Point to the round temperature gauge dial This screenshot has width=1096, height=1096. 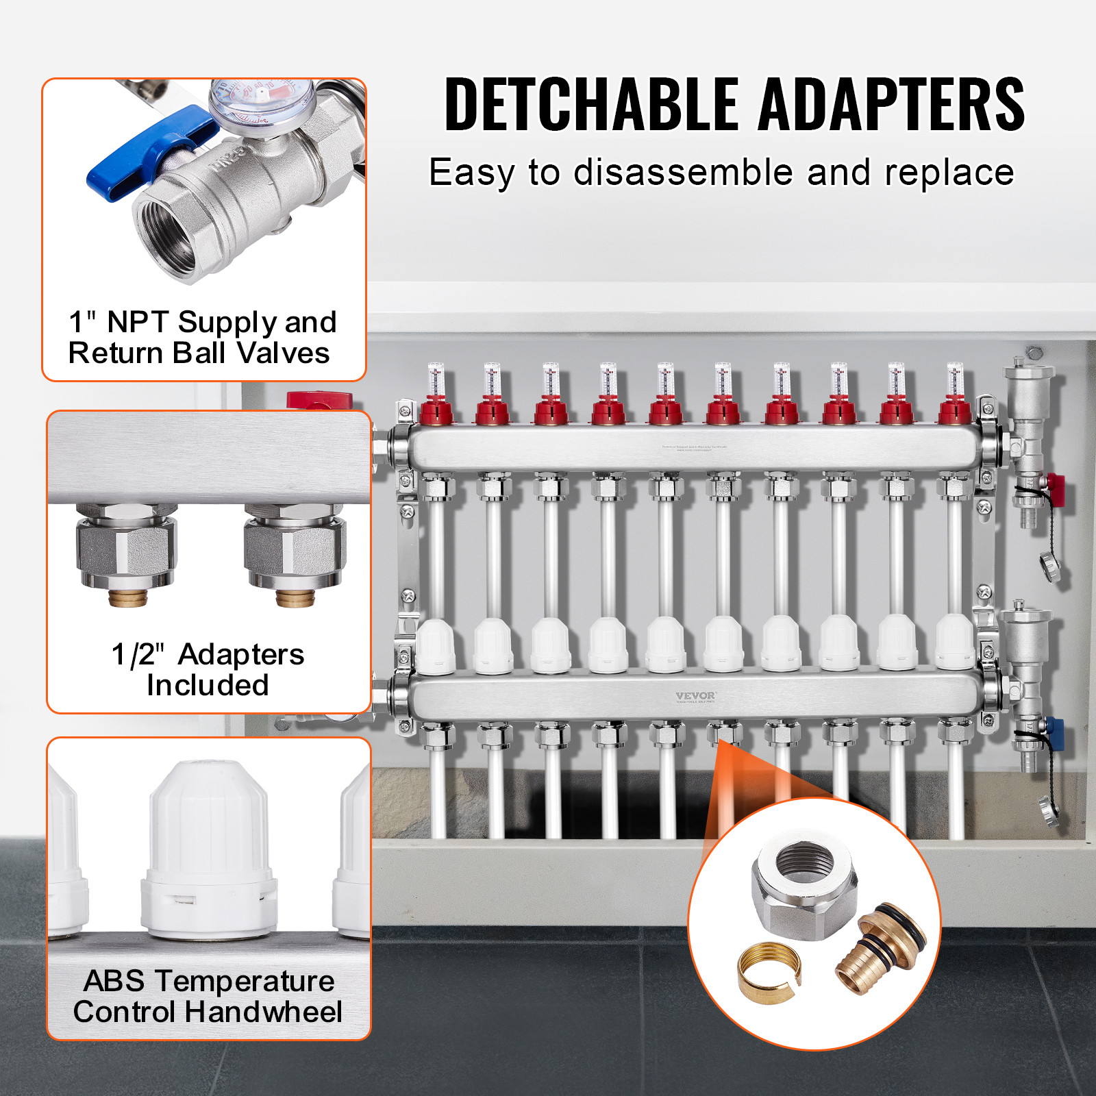point(260,103)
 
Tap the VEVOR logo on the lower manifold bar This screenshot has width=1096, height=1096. point(695,696)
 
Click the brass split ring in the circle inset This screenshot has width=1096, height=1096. point(769,968)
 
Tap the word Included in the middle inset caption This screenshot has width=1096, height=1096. point(208,685)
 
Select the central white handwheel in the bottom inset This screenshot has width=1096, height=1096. point(209,849)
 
